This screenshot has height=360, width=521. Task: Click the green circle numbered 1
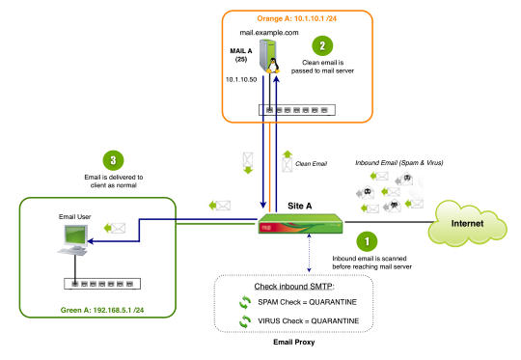pyautogui.click(x=367, y=241)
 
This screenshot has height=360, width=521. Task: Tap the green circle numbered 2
pyautogui.click(x=322, y=46)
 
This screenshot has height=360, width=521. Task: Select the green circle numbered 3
pyautogui.click(x=113, y=160)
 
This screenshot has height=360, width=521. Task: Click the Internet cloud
pyautogui.click(x=467, y=223)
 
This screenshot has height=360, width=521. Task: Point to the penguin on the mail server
pyautogui.click(x=273, y=66)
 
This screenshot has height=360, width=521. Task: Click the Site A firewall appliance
pyautogui.click(x=300, y=223)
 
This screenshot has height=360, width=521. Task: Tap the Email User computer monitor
pyautogui.click(x=76, y=235)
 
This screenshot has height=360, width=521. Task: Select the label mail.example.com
pyautogui.click(x=269, y=33)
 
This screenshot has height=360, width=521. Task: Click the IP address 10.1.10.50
pyautogui.click(x=241, y=80)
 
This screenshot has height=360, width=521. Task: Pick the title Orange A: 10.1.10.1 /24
pyautogui.click(x=297, y=18)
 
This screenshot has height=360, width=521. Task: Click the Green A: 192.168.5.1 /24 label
pyautogui.click(x=102, y=310)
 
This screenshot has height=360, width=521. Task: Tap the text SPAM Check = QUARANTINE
pyautogui.click(x=308, y=302)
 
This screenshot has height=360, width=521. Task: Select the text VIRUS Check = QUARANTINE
pyautogui.click(x=309, y=321)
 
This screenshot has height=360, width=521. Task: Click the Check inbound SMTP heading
pyautogui.click(x=294, y=287)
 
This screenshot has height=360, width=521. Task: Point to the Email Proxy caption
pyautogui.click(x=294, y=342)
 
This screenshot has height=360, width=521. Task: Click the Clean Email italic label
pyautogui.click(x=311, y=163)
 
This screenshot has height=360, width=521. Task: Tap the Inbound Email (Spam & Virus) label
pyautogui.click(x=399, y=162)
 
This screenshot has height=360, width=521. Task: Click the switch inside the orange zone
pyautogui.click(x=297, y=110)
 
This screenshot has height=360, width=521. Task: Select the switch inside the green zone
pyautogui.click(x=102, y=284)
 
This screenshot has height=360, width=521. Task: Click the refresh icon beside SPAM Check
pyautogui.click(x=245, y=302)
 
